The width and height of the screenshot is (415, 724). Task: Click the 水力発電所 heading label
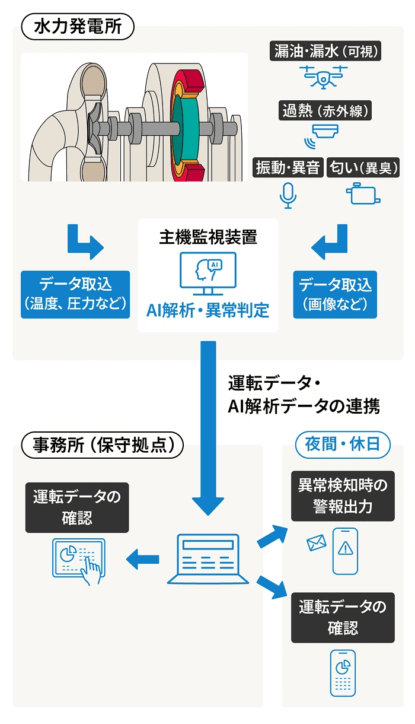[x=77, y=27]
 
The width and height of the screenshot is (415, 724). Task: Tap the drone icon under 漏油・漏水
[x=324, y=75]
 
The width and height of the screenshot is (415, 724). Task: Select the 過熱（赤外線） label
[x=325, y=110]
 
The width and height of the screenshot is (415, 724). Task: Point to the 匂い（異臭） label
[x=363, y=168]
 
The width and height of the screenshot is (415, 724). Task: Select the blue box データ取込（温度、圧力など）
[x=75, y=294]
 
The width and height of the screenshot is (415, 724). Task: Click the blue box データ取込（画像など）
[x=335, y=294]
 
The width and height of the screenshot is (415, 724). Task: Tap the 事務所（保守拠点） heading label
[x=101, y=445]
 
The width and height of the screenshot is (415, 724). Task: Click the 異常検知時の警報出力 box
[x=342, y=496]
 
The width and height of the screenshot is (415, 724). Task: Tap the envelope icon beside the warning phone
[x=317, y=542]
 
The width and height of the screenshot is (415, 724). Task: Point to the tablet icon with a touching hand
[x=79, y=560]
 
